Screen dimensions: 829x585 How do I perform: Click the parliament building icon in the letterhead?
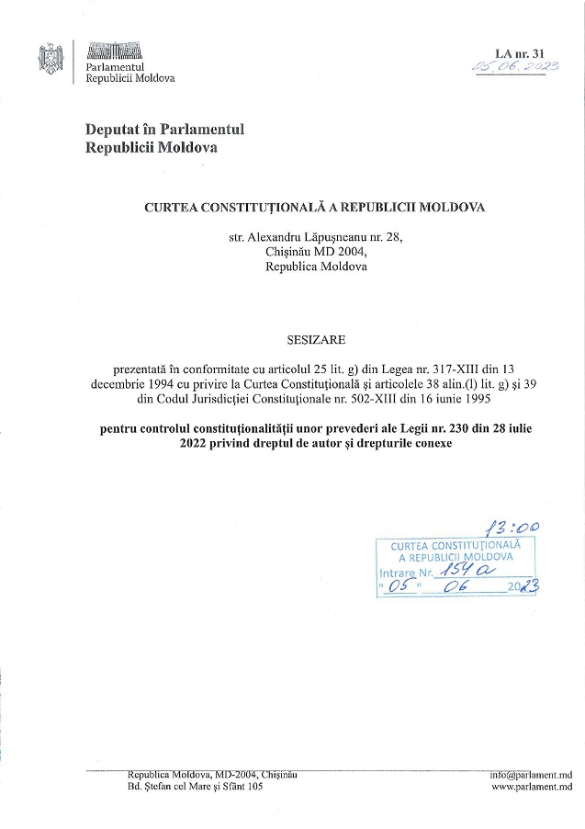114,51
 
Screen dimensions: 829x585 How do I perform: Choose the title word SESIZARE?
292,339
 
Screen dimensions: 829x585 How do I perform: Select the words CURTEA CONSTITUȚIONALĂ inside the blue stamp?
450,546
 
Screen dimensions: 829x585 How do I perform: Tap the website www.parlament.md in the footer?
532,787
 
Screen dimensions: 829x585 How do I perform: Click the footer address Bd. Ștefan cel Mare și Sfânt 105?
196,787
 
